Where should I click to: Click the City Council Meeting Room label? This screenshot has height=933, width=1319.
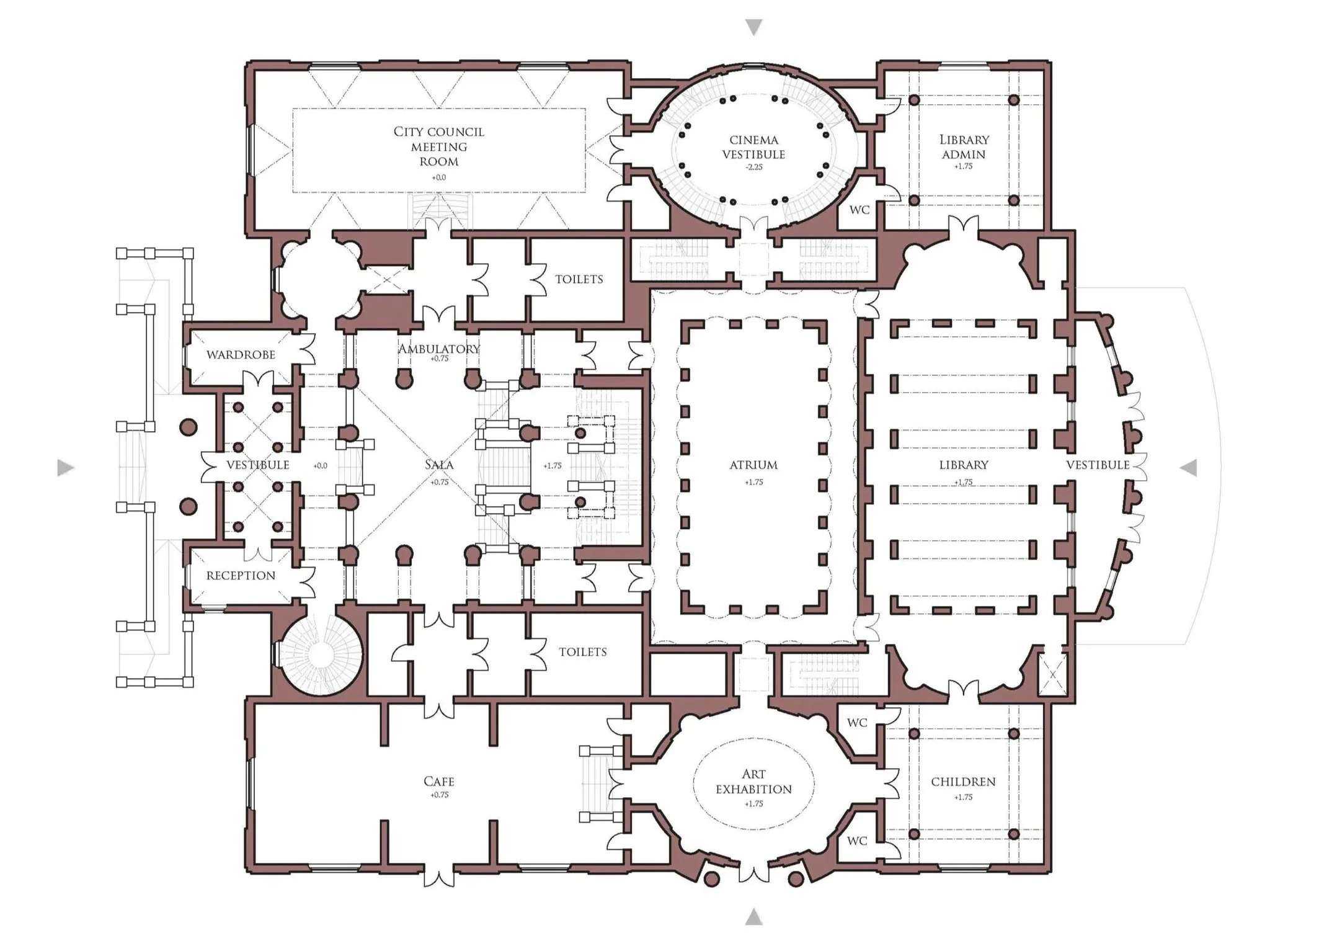click(x=439, y=147)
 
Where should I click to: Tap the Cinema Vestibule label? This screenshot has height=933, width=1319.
click(x=753, y=148)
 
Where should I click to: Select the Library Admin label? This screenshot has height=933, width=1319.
click(x=964, y=147)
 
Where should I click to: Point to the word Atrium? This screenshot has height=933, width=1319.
click(x=753, y=465)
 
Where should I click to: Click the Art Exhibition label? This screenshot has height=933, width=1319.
click(x=753, y=782)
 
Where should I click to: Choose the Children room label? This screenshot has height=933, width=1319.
click(x=963, y=782)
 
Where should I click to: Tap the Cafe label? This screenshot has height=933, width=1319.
click(x=439, y=782)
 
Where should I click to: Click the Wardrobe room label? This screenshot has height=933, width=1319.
click(x=241, y=355)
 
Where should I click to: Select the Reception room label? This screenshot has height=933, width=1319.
click(x=241, y=576)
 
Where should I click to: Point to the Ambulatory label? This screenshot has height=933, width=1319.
click(x=439, y=349)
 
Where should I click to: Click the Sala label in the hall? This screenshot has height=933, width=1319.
click(x=439, y=465)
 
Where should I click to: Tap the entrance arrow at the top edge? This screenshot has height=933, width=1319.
click(x=753, y=27)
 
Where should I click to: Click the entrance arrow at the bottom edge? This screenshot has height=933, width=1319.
click(x=753, y=917)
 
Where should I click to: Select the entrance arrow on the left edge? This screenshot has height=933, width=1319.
click(x=65, y=468)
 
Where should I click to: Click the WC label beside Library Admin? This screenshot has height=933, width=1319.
click(x=859, y=210)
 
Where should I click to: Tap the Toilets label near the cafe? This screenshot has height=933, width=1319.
click(x=582, y=652)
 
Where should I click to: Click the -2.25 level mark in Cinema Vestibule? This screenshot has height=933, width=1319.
click(x=753, y=167)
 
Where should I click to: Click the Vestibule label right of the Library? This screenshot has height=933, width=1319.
click(x=1098, y=465)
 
